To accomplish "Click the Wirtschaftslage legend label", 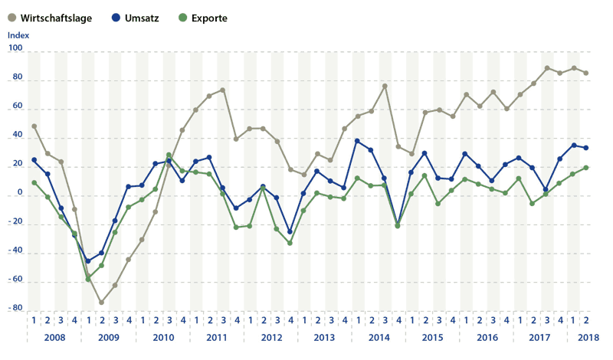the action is click(x=56, y=18).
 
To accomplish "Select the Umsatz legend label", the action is click(x=142, y=18).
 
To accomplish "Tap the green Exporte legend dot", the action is click(x=182, y=18).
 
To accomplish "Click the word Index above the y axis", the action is click(x=18, y=35).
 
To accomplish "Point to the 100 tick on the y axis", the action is click(x=15, y=48).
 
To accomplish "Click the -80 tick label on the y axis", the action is click(x=15, y=308).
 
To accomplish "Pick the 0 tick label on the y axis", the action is click(x=20, y=192).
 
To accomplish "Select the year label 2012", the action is click(x=271, y=337).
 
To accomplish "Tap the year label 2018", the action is click(x=588, y=337).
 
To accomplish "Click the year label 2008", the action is click(x=54, y=337).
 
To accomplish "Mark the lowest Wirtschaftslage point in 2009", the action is click(x=102, y=302).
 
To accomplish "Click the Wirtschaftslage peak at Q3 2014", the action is click(x=385, y=86).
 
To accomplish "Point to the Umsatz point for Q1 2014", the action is click(x=357, y=141).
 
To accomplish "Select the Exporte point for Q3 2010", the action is click(x=169, y=155).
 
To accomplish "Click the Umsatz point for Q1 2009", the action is click(x=88, y=260).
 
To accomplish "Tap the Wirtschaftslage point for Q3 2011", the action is click(x=223, y=90).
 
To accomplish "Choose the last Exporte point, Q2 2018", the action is click(x=586, y=168).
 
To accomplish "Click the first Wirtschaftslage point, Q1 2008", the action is click(x=34, y=126).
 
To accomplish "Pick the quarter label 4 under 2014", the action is click(x=398, y=320).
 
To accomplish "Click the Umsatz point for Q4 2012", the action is click(x=290, y=232).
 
